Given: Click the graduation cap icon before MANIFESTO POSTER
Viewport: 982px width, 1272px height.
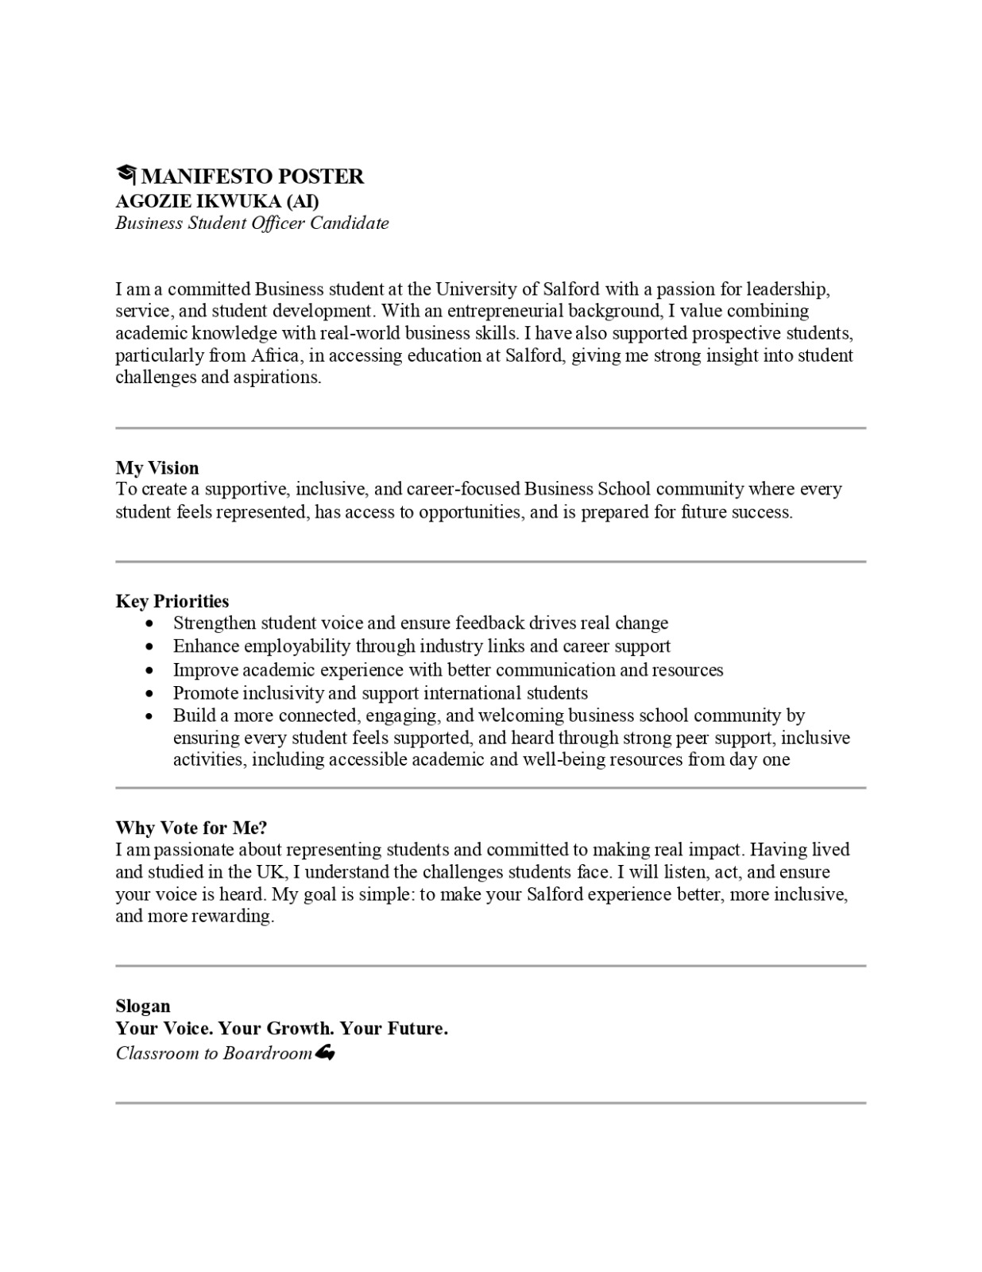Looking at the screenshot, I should (126, 175).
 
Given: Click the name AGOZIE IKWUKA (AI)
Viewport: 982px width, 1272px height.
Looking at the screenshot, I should (217, 200).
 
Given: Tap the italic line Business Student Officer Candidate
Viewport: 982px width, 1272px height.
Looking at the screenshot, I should (252, 223).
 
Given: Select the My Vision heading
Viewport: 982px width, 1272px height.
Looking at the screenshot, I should (157, 467).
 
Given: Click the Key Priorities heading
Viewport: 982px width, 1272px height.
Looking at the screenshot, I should (172, 601).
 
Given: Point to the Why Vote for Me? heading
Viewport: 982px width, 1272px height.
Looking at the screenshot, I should (191, 828).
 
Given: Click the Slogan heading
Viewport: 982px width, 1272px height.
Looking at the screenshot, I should (143, 1006).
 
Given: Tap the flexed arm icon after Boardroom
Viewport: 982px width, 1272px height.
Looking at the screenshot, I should (325, 1053).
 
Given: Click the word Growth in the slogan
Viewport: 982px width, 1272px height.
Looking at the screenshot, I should (299, 1028).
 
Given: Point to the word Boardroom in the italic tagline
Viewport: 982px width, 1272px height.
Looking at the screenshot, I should (268, 1053).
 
